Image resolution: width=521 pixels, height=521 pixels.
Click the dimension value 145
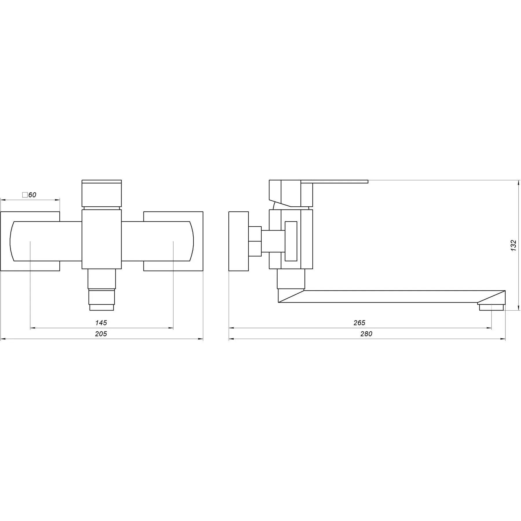pos(101,322)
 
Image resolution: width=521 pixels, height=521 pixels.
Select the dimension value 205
pos(101,334)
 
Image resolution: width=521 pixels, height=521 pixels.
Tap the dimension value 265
pos(359,322)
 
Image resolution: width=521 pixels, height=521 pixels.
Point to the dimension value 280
pos(366,334)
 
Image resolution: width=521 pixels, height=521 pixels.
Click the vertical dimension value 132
pos(513,245)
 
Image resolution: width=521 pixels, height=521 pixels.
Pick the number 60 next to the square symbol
pos(32,195)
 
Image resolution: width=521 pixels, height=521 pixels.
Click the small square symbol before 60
pos(25,195)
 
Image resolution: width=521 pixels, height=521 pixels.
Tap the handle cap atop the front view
pos(102,193)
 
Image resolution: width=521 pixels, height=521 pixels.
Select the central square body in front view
pos(102,239)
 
